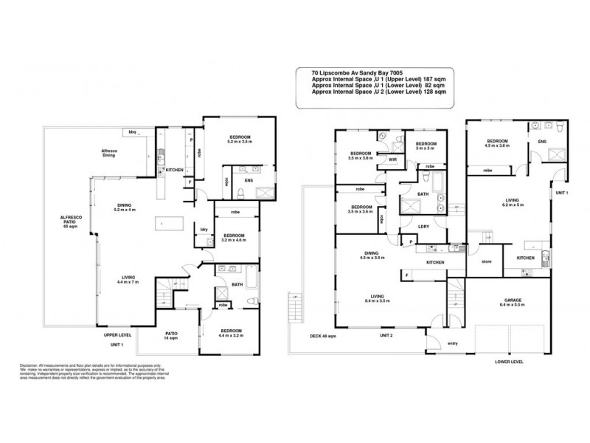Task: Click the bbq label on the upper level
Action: coord(133,131)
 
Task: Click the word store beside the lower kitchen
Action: coord(486,261)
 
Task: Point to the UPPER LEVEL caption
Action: coord(118,334)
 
